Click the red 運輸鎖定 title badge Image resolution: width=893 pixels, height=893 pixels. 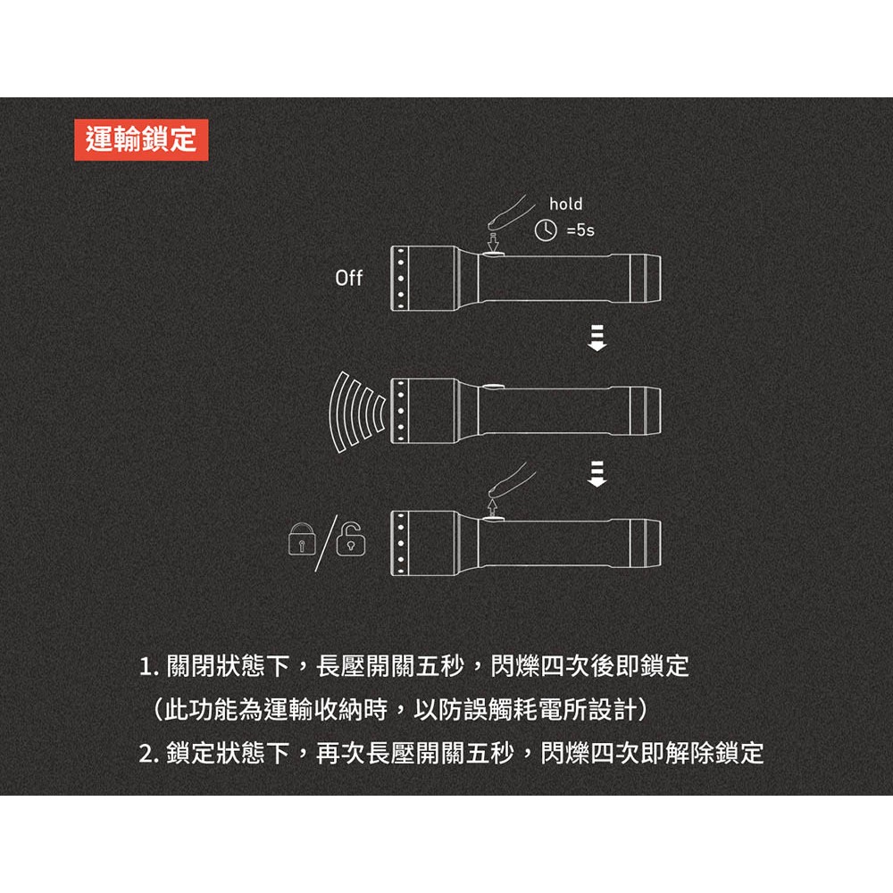[x=141, y=139]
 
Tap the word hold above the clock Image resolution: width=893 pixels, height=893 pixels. [x=564, y=204]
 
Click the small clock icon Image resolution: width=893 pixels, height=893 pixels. [x=543, y=230]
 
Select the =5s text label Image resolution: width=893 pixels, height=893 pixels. [x=579, y=230]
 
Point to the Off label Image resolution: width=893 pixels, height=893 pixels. [x=348, y=279]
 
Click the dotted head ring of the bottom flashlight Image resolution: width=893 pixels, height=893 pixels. [x=402, y=541]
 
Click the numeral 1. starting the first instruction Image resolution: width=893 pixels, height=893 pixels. [x=149, y=667]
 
